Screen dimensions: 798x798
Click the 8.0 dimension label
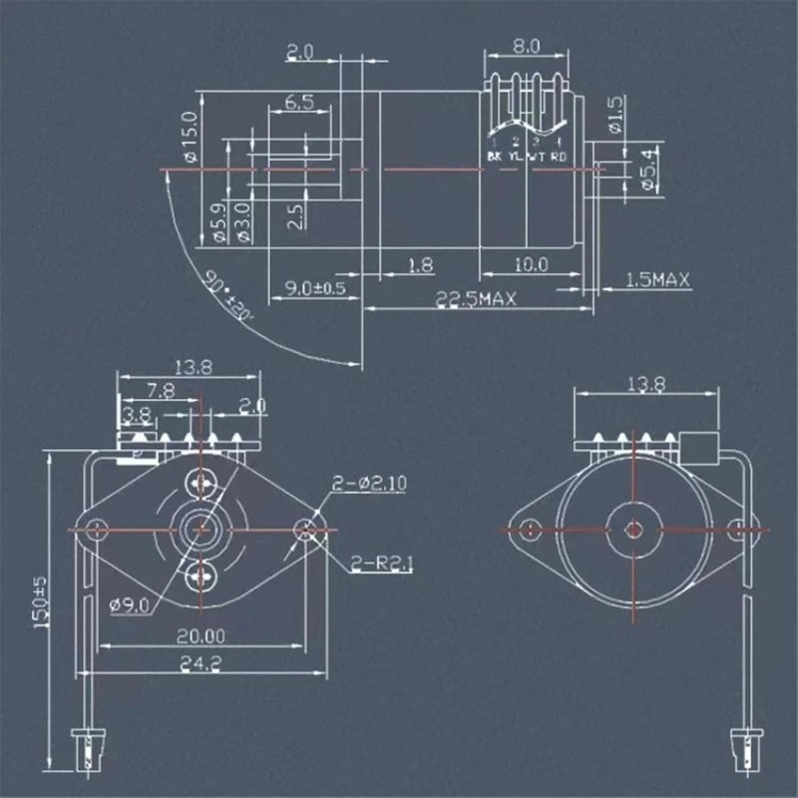525,46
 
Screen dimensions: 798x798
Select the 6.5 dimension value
300,102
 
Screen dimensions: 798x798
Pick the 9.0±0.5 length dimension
315,288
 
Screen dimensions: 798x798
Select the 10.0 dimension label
532,264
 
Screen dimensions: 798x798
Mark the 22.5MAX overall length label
475,299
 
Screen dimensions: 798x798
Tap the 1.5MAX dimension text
657,280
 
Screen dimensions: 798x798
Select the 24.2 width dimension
199,661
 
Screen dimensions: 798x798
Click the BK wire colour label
496,157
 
